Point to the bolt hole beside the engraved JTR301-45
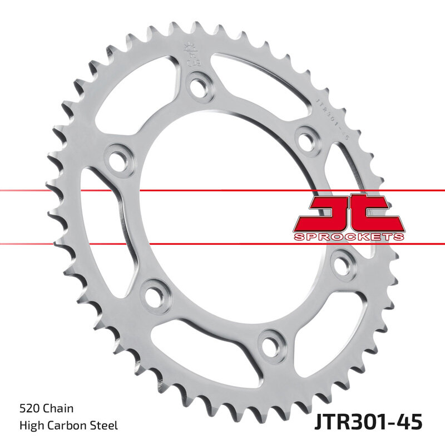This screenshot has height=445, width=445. (305, 140)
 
